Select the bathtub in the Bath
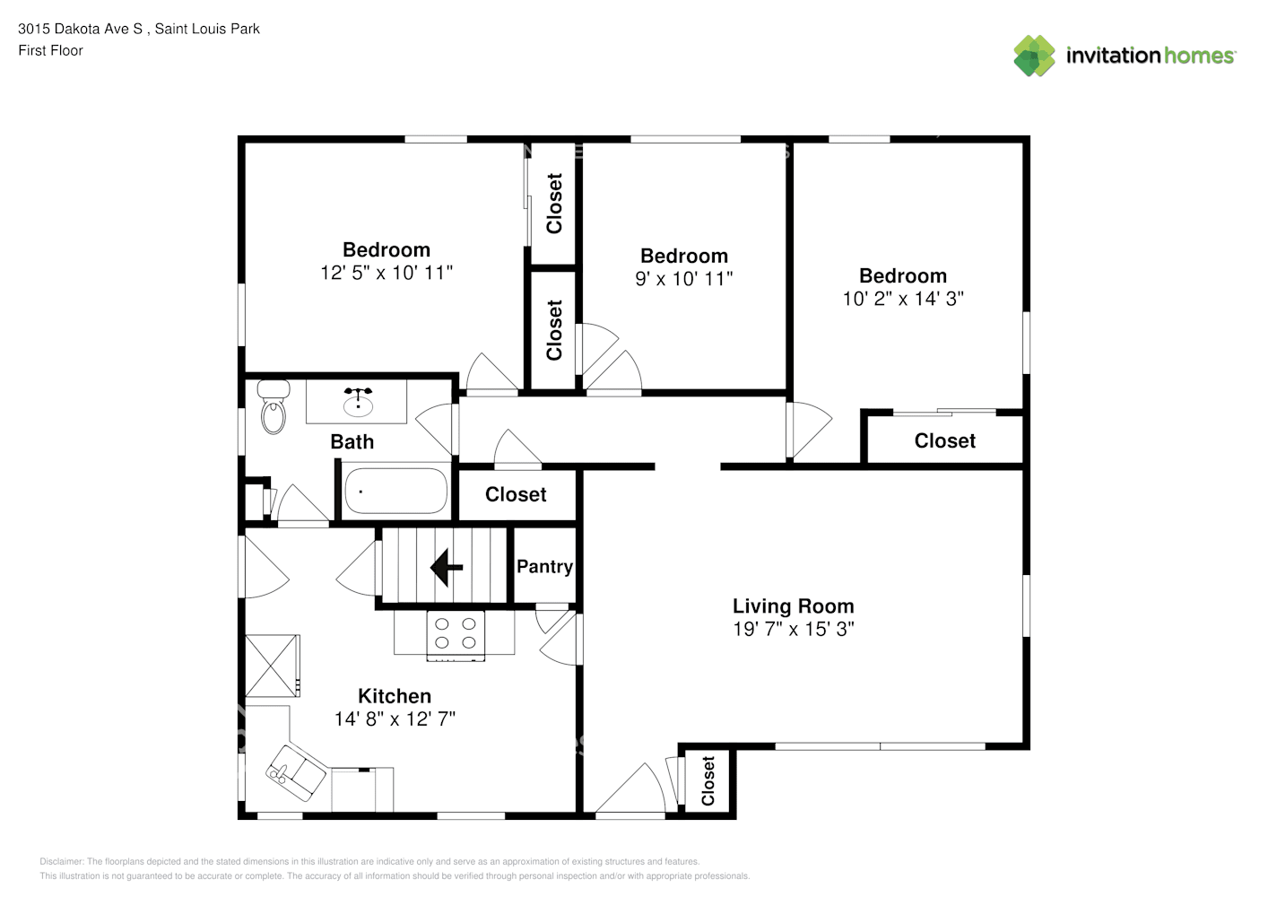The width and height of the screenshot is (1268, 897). point(395,491)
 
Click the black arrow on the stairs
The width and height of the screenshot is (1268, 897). point(447,567)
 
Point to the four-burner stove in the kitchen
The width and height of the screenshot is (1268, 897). point(456,635)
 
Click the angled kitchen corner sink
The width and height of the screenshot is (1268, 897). point(296,773)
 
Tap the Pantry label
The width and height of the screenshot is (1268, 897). point(544,566)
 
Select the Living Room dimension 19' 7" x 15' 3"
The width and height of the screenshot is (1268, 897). point(794,629)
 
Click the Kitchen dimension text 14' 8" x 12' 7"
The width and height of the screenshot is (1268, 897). point(395,718)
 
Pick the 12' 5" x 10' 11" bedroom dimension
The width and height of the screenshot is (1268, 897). point(386,273)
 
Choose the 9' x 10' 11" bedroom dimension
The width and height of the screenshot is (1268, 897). point(684,279)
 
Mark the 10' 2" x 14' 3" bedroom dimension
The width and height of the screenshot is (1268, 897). point(903,299)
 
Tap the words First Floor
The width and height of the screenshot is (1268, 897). point(50,50)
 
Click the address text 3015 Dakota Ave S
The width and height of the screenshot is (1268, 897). point(81,29)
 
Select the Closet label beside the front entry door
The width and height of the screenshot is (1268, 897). point(708,780)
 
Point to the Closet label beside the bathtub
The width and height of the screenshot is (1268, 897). point(516,494)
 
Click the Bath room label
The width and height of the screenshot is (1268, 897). point(352,441)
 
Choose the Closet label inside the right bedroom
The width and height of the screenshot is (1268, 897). point(945,440)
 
